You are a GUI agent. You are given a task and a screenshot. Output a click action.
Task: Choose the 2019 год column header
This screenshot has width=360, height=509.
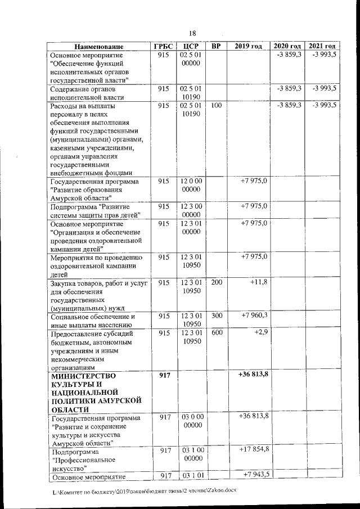(248, 46)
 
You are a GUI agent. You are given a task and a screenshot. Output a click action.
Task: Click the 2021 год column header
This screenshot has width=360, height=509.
(322, 46)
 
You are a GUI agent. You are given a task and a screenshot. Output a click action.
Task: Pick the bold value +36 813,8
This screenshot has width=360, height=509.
(253, 375)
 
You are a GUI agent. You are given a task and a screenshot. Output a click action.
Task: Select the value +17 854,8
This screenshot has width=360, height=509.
(254, 449)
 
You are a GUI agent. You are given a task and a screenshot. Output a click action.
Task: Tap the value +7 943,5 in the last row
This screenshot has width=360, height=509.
(255, 475)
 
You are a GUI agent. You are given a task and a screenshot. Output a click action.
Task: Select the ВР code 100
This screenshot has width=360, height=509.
(216, 105)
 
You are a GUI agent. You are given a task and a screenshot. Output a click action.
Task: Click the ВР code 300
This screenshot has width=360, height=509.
(216, 316)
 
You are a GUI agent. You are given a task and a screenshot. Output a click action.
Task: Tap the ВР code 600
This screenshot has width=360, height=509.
(216, 333)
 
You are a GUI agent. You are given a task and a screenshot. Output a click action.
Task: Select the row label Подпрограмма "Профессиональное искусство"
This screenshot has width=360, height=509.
(79, 459)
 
